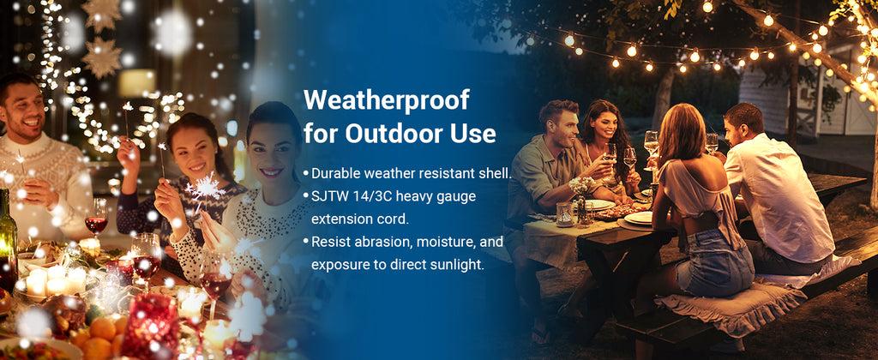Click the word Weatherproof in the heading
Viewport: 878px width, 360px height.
click(387, 101)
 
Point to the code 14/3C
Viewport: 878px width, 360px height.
click(378, 196)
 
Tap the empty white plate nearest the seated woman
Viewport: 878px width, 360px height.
click(639, 219)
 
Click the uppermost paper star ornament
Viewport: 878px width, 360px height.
click(101, 12)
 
